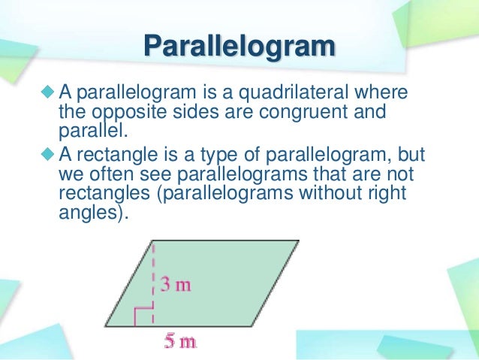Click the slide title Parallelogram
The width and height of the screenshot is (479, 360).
(239, 47)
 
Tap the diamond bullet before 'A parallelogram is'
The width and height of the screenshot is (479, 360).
(49, 93)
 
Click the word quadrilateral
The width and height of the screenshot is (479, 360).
(291, 93)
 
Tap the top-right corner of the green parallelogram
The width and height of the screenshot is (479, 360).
(298, 241)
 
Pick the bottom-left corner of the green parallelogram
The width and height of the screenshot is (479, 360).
(104, 325)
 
